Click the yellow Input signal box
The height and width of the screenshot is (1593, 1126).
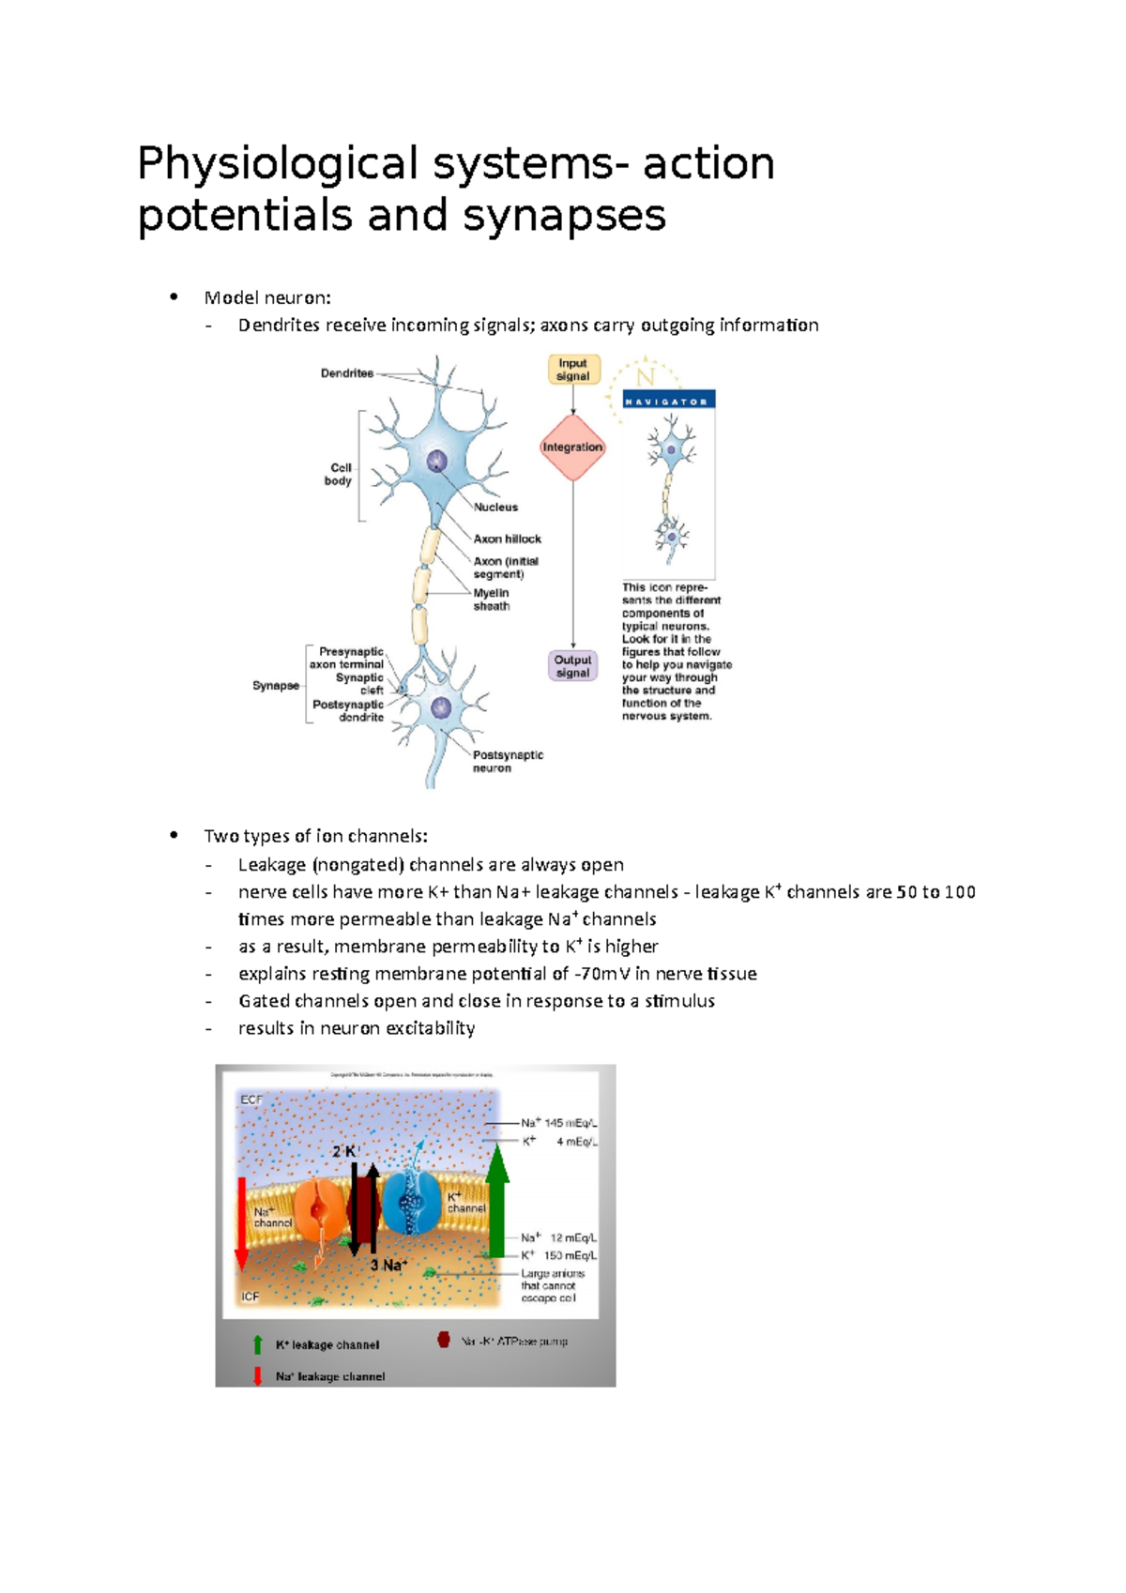[x=573, y=370]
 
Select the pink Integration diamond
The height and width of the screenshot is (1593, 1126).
[x=572, y=448]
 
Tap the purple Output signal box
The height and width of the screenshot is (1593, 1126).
[x=572, y=666]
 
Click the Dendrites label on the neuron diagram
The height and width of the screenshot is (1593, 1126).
[x=347, y=373]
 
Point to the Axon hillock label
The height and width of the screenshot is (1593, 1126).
[x=507, y=539]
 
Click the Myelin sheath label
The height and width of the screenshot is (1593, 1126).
[x=492, y=599]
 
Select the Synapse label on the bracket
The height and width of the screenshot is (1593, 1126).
[x=276, y=686]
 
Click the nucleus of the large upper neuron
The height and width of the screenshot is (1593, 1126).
[x=437, y=462]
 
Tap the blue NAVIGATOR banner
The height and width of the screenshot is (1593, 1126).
[x=669, y=401]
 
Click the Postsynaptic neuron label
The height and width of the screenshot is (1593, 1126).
[x=507, y=762]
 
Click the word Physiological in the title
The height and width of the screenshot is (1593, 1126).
[x=277, y=164]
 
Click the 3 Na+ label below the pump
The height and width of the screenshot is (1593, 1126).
[x=388, y=1266]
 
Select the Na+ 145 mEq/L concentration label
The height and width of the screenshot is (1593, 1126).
[x=558, y=1123]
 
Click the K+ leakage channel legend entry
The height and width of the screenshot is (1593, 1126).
[x=327, y=1345]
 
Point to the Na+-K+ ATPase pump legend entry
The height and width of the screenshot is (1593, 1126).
[x=513, y=1342]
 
